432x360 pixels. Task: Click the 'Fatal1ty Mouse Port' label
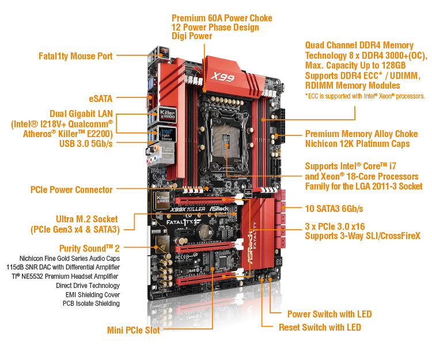75,56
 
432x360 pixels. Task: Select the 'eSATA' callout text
101,98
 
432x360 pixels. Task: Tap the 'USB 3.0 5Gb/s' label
86,143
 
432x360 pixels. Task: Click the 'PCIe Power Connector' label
71,190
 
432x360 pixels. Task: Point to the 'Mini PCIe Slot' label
134,330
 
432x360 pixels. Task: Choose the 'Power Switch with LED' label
329,314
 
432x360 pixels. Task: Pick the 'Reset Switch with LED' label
320,327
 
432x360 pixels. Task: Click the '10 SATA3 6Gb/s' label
334,209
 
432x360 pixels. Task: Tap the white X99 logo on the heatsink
222,77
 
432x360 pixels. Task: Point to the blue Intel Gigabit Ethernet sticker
166,134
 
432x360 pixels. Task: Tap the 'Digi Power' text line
192,36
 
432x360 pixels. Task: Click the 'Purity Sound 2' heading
89,248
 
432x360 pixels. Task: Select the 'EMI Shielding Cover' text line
93,295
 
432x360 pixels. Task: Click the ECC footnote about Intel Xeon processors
365,96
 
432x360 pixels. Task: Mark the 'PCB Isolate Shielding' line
91,304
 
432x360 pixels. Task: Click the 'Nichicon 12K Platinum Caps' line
357,144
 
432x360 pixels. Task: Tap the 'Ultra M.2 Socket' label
87,219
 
